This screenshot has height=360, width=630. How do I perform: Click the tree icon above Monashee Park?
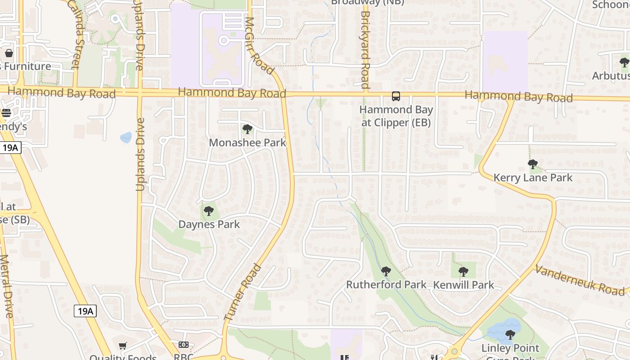coord(247,130)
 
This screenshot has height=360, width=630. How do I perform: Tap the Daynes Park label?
coord(209,224)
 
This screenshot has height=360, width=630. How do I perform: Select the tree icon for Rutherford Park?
coord(386,271)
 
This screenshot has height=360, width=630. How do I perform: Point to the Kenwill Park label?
coord(463,285)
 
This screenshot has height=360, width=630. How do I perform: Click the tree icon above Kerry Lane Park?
coord(533,164)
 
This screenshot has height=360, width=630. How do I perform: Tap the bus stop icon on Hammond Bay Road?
coord(396,96)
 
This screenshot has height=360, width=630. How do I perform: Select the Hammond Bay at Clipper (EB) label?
coord(396,116)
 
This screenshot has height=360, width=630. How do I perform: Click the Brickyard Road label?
coord(365,49)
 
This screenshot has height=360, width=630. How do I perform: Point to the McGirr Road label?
coord(259,45)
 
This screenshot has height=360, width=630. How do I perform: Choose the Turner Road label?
coord(243,292)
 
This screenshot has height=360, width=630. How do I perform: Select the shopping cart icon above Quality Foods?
coord(122,346)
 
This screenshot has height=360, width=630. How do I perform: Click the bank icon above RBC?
coord(183,345)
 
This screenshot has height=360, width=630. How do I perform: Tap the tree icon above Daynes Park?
coord(208,211)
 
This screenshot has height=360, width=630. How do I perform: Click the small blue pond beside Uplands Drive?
coord(126,137)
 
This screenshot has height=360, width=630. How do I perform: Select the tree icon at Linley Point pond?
coord(510,334)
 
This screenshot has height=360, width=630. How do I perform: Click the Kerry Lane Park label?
coord(533,178)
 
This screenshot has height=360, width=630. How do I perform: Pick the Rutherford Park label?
coord(386,285)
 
